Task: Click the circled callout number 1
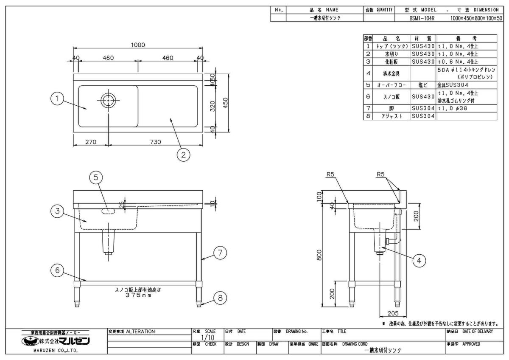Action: (57, 99)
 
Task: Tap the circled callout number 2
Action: (183, 155)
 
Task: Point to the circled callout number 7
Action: (220, 253)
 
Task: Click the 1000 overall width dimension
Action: (138, 45)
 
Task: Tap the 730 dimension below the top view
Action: (155, 142)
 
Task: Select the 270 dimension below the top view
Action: (90, 142)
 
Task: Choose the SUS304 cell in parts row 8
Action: (423, 116)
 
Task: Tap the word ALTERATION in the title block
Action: (141, 332)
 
